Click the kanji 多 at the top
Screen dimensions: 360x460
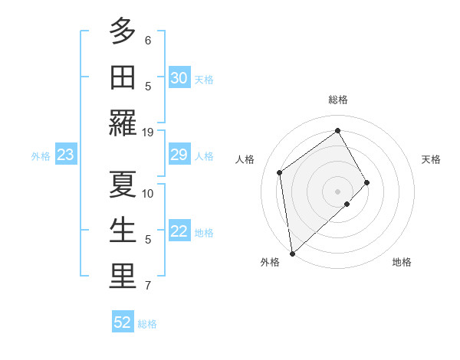tap(122, 31)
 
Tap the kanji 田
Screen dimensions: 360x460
tap(122, 77)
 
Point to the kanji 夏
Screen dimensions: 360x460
tap(122, 185)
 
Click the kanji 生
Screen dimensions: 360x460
tap(122, 231)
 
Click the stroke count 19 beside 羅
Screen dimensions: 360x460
tap(148, 132)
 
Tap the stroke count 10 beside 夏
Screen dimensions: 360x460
tap(148, 193)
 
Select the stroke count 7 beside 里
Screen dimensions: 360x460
tap(148, 286)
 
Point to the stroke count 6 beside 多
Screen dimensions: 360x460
tap(148, 40)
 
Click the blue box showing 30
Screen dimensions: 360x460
tap(179, 78)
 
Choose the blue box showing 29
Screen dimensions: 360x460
tap(179, 155)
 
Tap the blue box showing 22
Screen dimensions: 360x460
tap(179, 232)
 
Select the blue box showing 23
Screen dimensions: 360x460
tap(66, 155)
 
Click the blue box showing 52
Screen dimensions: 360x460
tap(123, 322)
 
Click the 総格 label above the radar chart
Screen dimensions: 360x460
tap(337, 100)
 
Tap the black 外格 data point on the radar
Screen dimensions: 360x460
tap(292, 254)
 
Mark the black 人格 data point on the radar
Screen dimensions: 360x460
tap(280, 172)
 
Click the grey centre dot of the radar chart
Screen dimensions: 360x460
tap(337, 191)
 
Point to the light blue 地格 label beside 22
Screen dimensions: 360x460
tap(204, 233)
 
